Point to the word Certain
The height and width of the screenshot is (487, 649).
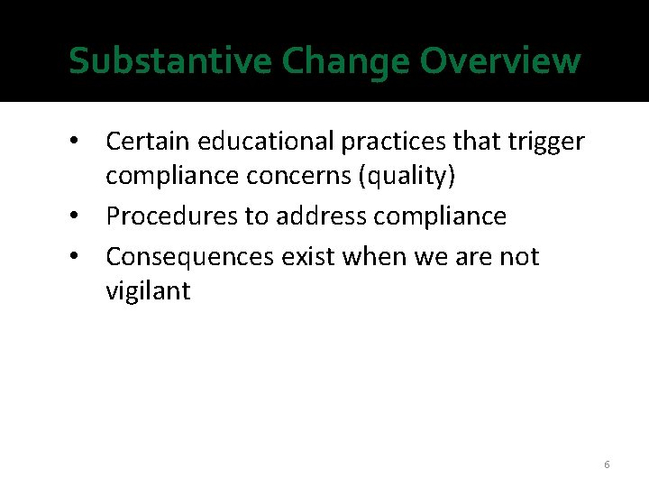point(147,142)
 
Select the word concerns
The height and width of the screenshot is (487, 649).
point(297,176)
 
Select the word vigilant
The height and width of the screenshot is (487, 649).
point(148,291)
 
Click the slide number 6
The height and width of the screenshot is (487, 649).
point(607,464)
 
